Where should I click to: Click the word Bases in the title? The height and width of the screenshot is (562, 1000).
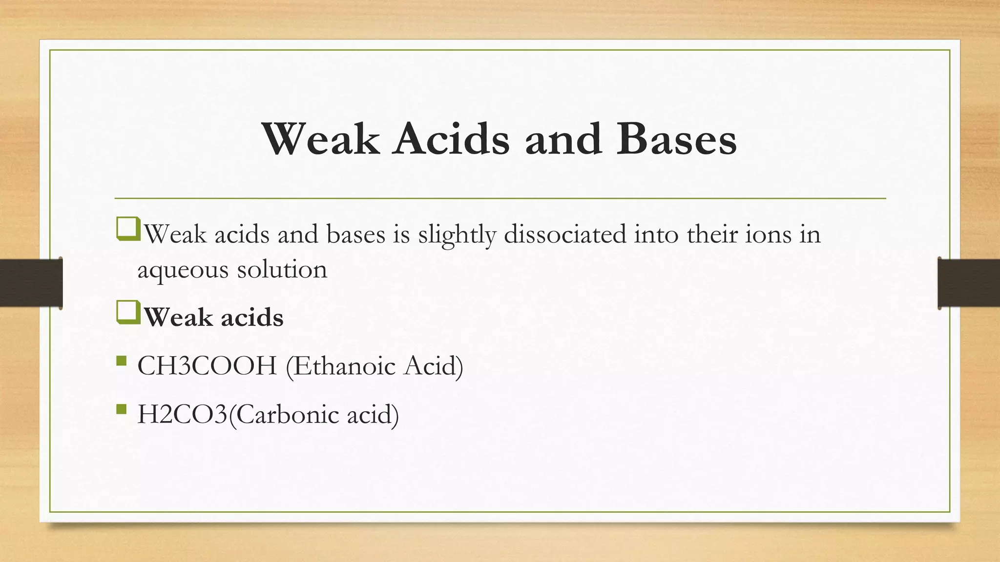[x=676, y=140]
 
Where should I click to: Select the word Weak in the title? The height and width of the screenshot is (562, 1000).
[x=321, y=140]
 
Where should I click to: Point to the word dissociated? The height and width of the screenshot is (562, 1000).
[x=565, y=234]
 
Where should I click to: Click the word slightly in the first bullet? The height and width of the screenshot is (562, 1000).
[x=457, y=235]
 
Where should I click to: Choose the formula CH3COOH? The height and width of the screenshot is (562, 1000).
[x=207, y=366]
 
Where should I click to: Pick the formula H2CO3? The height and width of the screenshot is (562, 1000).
[x=183, y=415]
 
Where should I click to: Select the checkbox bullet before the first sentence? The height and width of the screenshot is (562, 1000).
[x=128, y=230]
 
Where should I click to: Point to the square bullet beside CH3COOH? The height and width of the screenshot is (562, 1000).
[x=122, y=361]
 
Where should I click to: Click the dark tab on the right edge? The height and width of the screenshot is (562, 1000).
[x=969, y=283]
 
